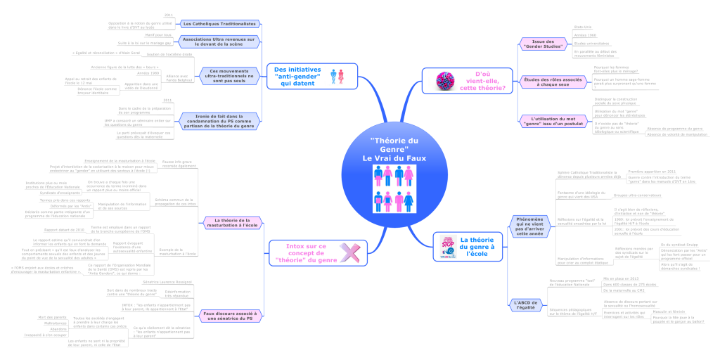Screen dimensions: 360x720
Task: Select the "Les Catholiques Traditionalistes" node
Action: pos(219,23)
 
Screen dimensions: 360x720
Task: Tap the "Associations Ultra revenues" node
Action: pos(219,41)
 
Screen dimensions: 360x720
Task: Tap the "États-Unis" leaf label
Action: pos(583,26)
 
